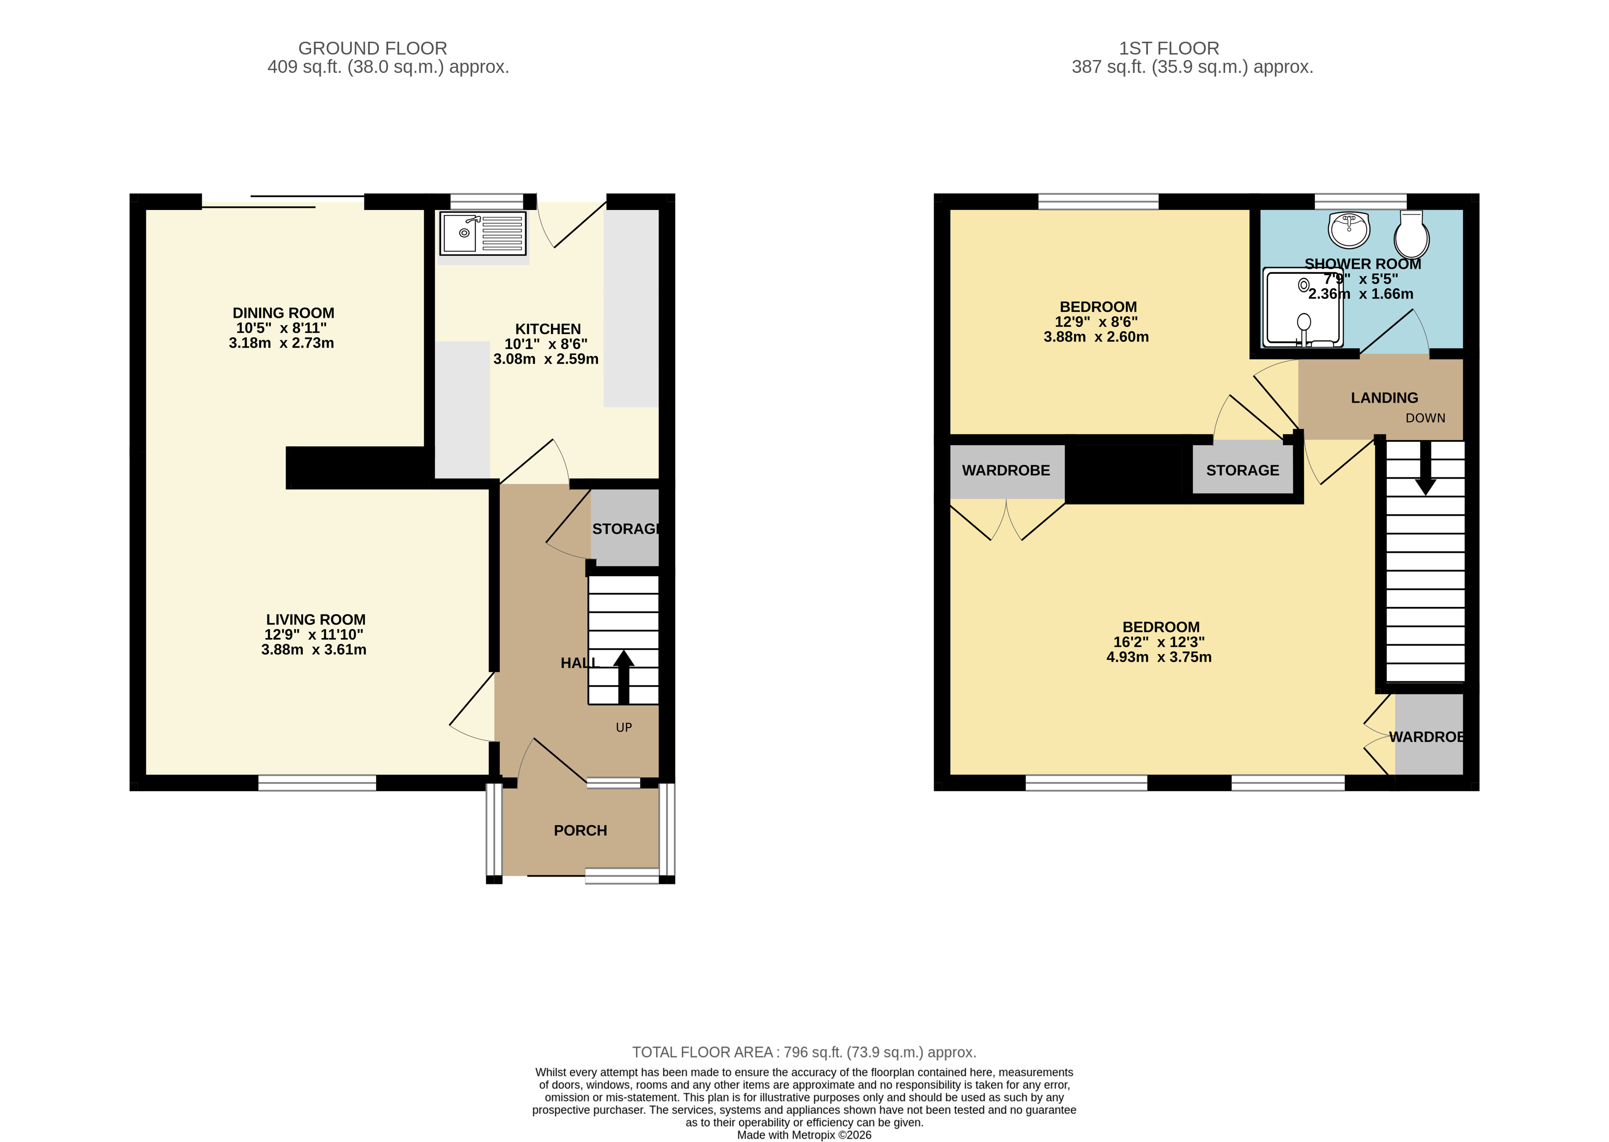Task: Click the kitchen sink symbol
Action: click(x=483, y=233)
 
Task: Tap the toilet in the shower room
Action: click(x=1411, y=235)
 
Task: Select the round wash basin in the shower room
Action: click(x=1349, y=230)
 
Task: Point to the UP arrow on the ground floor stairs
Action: click(x=624, y=676)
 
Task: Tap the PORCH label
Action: click(x=580, y=830)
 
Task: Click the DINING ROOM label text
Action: click(x=284, y=313)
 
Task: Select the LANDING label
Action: click(x=1384, y=398)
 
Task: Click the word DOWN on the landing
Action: click(x=1425, y=419)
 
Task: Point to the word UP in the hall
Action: click(x=624, y=728)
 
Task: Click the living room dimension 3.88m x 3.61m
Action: click(x=314, y=650)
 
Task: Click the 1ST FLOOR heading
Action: click(x=1169, y=49)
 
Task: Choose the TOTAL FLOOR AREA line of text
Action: click(x=803, y=1053)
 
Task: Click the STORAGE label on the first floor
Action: click(x=1242, y=470)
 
